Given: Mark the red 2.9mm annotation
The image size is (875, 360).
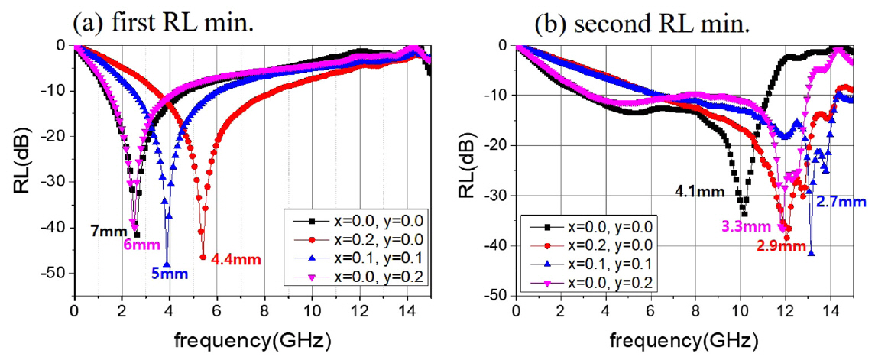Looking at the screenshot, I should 779,246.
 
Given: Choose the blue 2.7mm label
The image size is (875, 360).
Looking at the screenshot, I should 841,202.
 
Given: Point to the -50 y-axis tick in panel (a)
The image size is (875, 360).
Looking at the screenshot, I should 56,273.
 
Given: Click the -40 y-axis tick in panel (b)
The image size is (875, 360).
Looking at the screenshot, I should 498,245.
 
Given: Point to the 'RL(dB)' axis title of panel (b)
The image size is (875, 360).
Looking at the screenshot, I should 468,170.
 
